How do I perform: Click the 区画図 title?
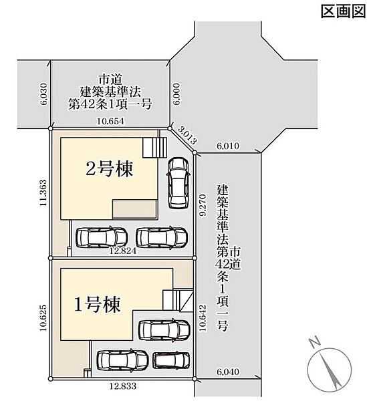pos(343,11)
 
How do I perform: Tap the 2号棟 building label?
pos(109,169)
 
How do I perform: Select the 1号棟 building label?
pos(97,304)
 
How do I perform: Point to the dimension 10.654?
pos(110,121)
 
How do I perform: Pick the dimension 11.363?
pos(43,193)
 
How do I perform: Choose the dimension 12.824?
pos(122,251)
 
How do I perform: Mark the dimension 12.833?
pos(123,386)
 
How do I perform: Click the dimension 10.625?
pos(43,317)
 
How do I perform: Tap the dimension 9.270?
pos(203,205)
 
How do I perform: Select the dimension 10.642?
pos(203,317)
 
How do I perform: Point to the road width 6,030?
pos(43,94)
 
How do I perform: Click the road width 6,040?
pos(228,372)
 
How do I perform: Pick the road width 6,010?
pos(228,146)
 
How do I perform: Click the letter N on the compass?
pos(315,342)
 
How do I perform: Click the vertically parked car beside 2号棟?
pos(178,182)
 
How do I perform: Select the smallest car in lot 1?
pos(171,360)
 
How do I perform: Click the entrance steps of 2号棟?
pos(154,148)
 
